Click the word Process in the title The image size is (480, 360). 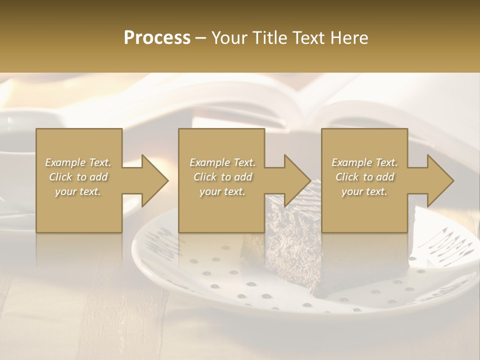click(x=157, y=38)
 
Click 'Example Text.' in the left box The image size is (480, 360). click(x=78, y=162)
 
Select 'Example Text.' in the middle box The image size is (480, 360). click(x=222, y=162)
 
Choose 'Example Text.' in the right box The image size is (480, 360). click(x=364, y=162)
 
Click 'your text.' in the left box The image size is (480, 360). click(x=78, y=191)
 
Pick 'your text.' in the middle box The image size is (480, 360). click(x=222, y=191)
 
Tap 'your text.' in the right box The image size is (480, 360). click(x=364, y=191)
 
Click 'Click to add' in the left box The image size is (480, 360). click(x=78, y=177)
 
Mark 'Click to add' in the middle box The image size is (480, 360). click(x=222, y=177)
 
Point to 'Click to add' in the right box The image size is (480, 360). click(x=364, y=177)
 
